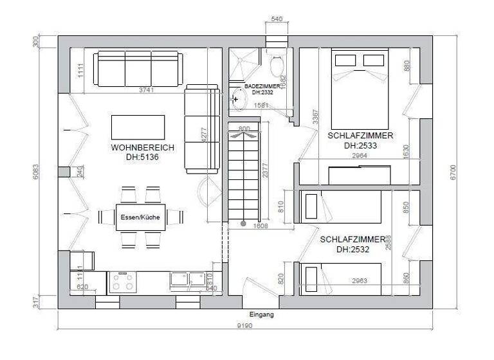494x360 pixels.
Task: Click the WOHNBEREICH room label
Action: (142, 147)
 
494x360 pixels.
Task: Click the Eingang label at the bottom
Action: (262, 314)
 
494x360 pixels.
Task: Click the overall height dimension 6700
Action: (454, 170)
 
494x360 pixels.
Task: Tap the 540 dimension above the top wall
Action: (277, 20)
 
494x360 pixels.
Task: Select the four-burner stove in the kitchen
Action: (122, 282)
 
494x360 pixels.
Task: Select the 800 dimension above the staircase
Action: (244, 129)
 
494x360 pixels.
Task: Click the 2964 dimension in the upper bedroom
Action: (360, 155)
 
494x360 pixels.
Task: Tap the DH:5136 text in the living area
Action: (142, 156)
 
